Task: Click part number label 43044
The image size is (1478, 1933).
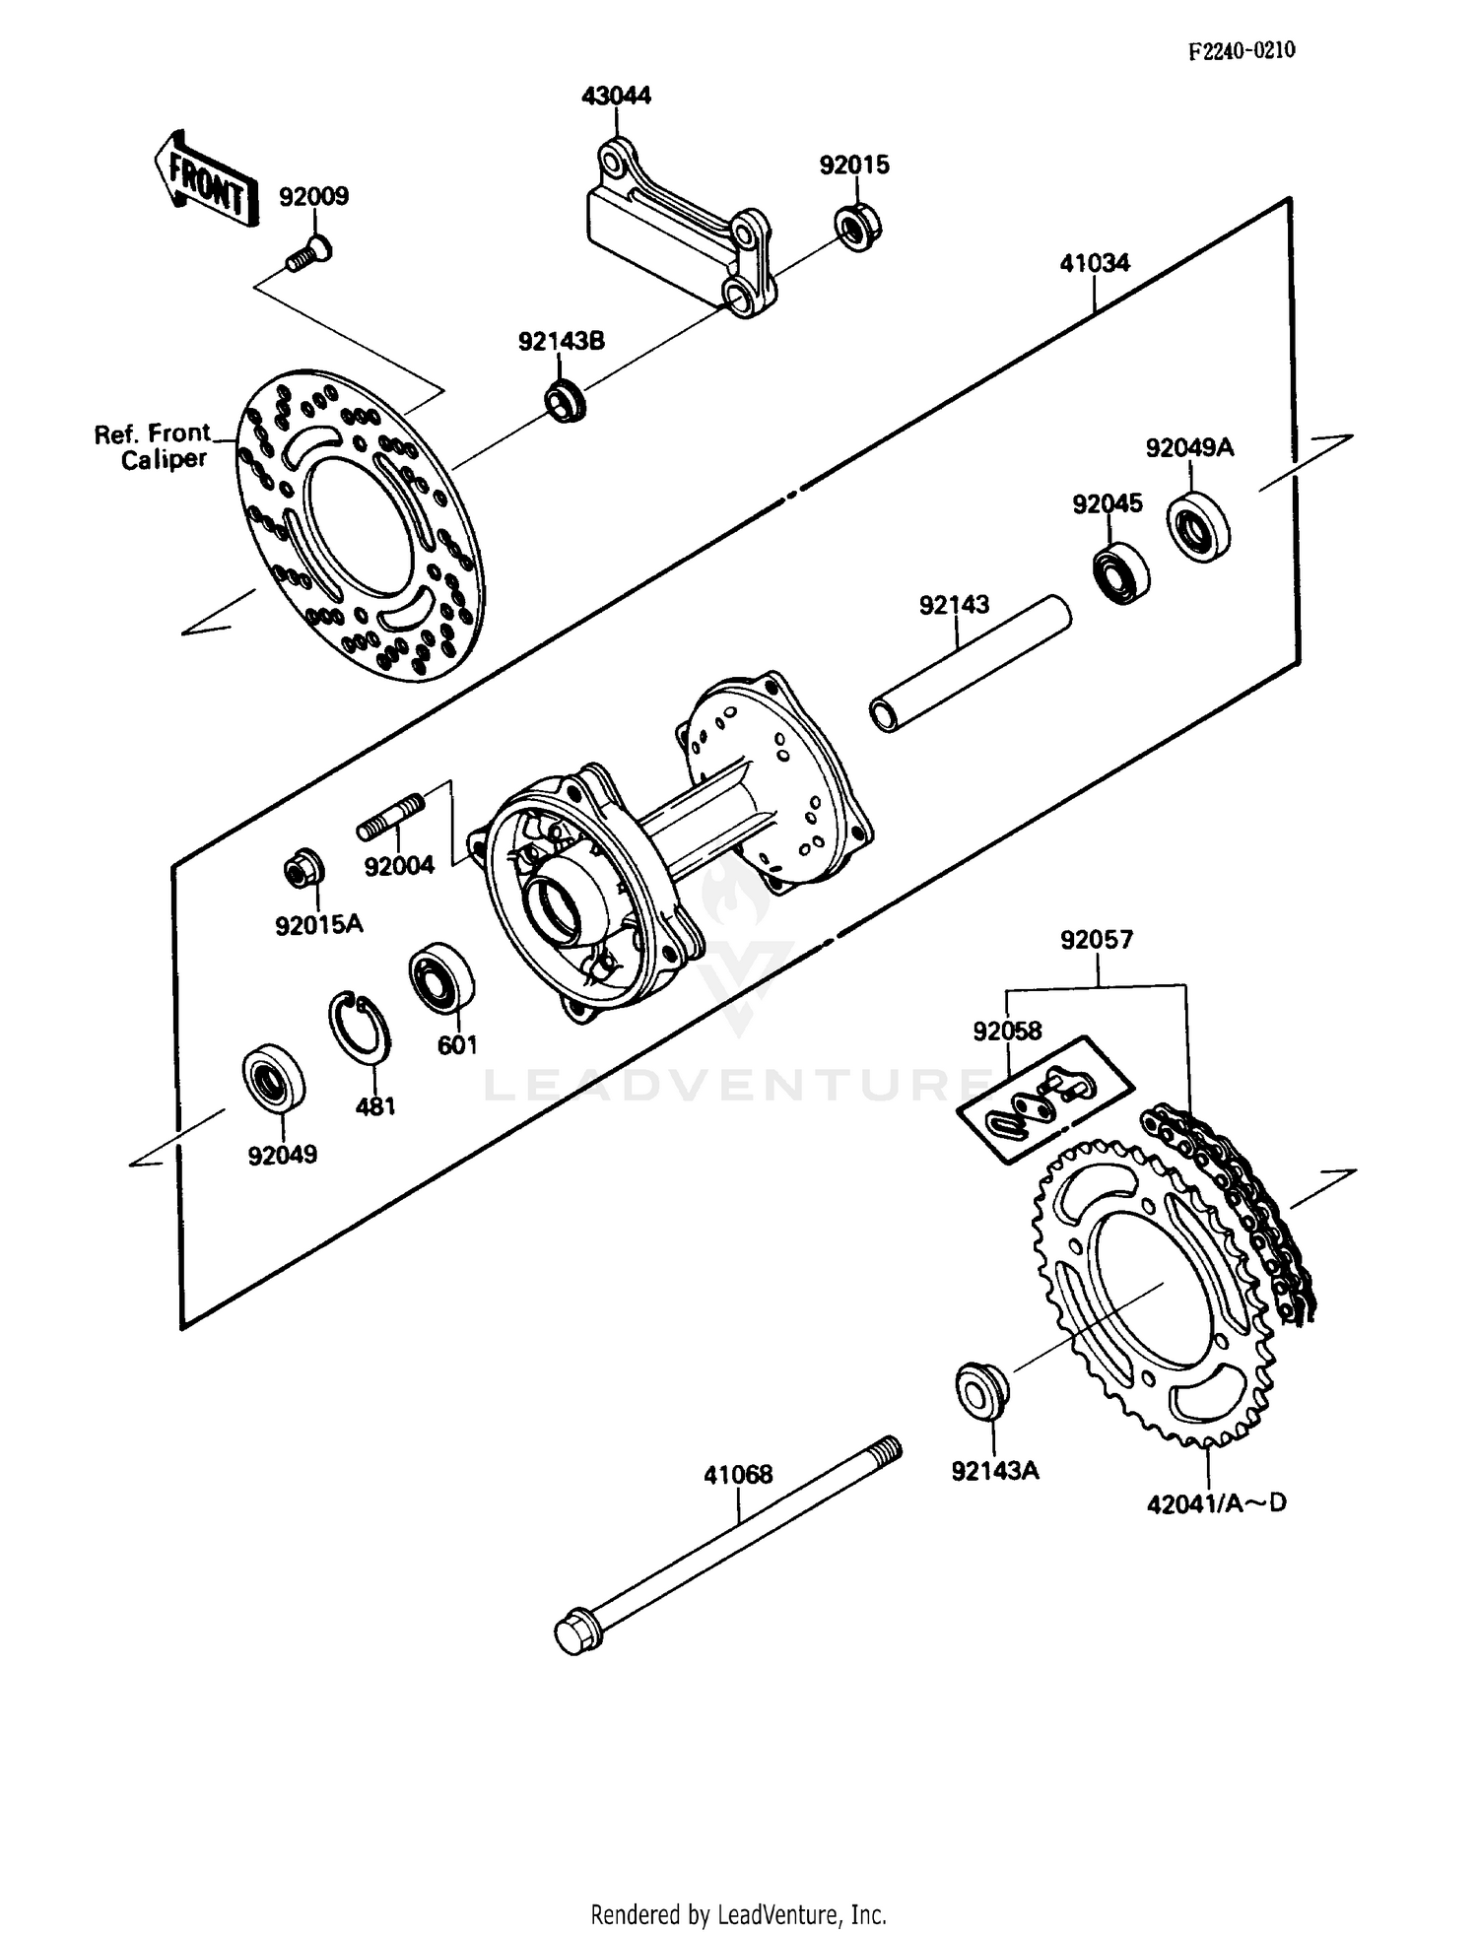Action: coord(616,96)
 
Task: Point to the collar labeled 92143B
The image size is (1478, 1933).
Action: coord(566,401)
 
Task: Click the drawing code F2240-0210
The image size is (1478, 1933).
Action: coord(1241,50)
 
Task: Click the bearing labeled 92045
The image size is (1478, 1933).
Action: coord(1121,570)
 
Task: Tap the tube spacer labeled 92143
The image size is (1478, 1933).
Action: coord(970,665)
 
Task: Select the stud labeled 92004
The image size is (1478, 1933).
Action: coord(391,817)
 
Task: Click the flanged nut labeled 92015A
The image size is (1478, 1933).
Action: coord(303,867)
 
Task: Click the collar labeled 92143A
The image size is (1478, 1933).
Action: coord(981,1389)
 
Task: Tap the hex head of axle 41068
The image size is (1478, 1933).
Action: coord(577,1633)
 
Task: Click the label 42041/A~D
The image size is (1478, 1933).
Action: coord(1217,1503)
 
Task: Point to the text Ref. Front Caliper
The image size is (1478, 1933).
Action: coord(153,446)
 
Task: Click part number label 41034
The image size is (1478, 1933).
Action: coord(1095,263)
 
